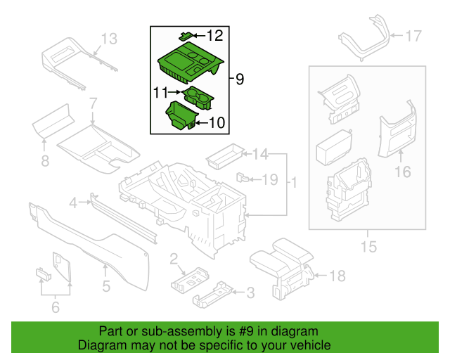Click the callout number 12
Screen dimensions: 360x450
tap(214, 34)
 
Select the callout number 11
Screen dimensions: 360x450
tap(162, 91)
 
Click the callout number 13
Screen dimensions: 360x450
tap(110, 39)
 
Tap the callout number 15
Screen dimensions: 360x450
tap(368, 247)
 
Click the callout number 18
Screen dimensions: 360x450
tap(337, 276)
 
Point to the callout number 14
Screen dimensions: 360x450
tap(260, 154)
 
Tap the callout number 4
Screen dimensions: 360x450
tap(72, 204)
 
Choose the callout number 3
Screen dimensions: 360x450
tap(249, 292)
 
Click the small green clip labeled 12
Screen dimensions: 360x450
tap(186, 34)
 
